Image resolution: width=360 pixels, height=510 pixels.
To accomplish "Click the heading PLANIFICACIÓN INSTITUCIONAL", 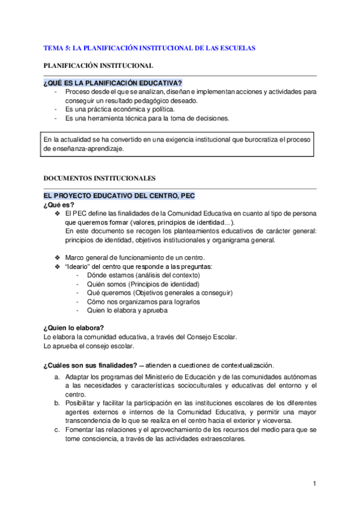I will point(99,65).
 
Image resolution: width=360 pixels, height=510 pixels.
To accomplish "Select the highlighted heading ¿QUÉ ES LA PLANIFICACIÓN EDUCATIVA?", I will point(113,82).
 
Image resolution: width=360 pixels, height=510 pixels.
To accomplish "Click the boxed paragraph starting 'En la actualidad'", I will point(178,144).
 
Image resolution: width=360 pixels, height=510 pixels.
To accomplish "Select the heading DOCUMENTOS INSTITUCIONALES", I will point(100,179).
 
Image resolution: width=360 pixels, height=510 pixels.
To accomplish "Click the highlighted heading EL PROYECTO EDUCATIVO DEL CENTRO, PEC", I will point(119,196).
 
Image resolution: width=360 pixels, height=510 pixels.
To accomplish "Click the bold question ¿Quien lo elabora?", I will point(74,328).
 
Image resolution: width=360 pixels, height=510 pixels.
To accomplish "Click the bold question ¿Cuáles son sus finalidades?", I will point(90,365).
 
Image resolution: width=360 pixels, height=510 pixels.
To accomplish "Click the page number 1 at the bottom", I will point(314,484).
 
